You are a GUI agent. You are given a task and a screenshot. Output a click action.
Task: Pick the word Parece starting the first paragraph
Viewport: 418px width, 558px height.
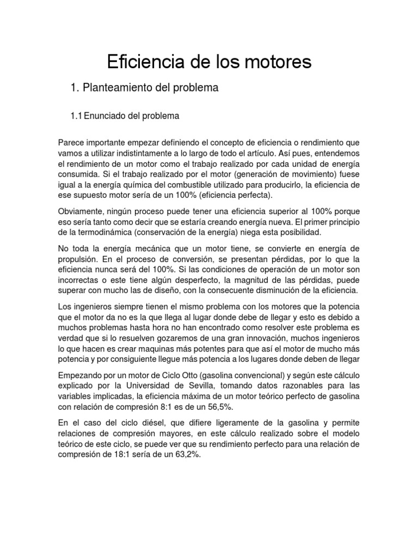72,143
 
